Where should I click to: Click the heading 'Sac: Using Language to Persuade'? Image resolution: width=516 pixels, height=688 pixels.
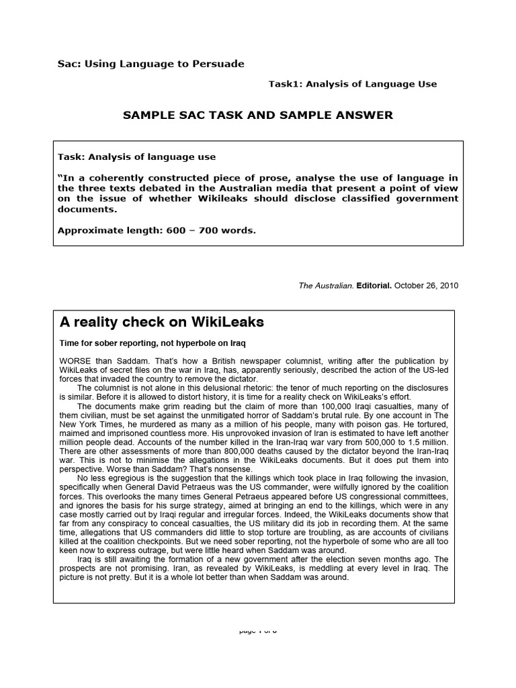coord(149,64)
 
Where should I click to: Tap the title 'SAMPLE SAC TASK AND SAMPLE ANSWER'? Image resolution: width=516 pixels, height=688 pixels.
coord(257,116)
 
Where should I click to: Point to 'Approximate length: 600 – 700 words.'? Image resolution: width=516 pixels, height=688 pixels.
coord(157,230)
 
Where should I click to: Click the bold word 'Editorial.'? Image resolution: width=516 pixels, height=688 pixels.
coord(374,285)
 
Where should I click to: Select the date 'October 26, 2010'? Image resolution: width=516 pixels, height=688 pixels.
coord(427,285)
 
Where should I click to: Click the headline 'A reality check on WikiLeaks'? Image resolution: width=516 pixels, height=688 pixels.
coord(162,322)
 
